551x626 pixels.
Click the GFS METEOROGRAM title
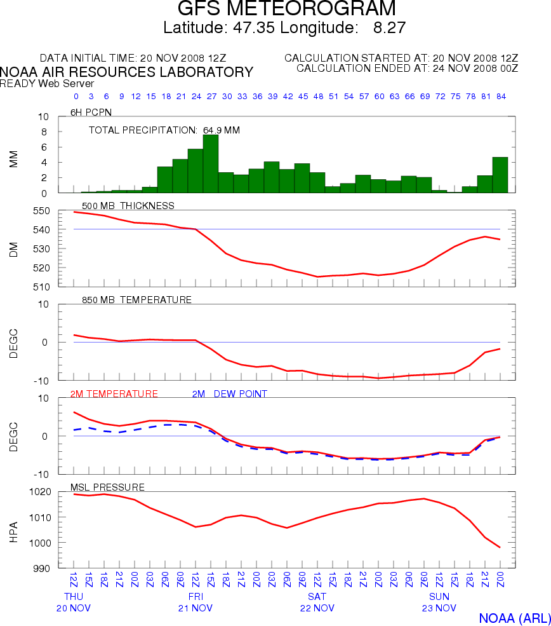pyautogui.click(x=287, y=9)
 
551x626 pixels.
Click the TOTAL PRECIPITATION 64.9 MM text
pyautogui.click(x=164, y=130)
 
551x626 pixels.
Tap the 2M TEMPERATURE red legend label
pyautogui.click(x=114, y=394)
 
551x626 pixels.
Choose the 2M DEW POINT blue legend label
pyautogui.click(x=229, y=394)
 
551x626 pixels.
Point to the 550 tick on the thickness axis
pyautogui.click(x=49, y=210)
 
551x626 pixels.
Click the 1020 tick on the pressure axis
pyautogui.click(x=45, y=492)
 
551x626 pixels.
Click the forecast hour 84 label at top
pyautogui.click(x=500, y=97)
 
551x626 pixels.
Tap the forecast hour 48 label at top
pyautogui.click(x=317, y=97)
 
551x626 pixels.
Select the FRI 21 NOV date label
pyautogui.click(x=196, y=602)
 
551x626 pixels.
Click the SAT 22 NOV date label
pyautogui.click(x=317, y=602)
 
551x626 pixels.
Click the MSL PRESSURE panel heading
pyautogui.click(x=107, y=487)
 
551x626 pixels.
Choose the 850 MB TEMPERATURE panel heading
pyautogui.click(x=136, y=300)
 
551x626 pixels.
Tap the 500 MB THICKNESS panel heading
pyautogui.click(x=128, y=206)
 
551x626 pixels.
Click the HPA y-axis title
pyautogui.click(x=14, y=531)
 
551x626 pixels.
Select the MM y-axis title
pyautogui.click(x=14, y=159)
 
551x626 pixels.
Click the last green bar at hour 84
pyautogui.click(x=500, y=175)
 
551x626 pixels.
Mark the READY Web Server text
pyautogui.click(x=47, y=83)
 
